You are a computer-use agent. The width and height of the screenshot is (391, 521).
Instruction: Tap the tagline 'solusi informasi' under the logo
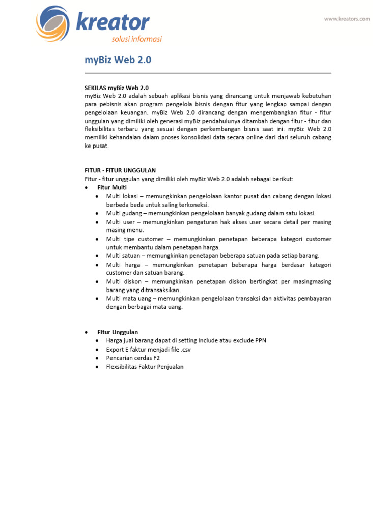[x=136, y=39]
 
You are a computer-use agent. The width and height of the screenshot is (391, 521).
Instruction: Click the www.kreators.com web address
[x=347, y=19]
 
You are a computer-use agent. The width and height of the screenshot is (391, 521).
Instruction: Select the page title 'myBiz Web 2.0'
[x=118, y=60]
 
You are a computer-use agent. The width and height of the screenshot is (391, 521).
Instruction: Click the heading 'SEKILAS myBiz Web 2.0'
[x=116, y=88]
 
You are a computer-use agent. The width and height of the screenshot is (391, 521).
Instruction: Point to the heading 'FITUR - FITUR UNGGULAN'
[x=120, y=170]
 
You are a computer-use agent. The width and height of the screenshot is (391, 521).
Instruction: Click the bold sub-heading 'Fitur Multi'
[x=113, y=187]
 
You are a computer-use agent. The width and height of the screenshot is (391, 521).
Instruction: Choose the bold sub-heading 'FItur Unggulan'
[x=118, y=332]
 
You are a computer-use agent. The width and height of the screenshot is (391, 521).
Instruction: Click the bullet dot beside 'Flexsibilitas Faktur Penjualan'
[x=97, y=367]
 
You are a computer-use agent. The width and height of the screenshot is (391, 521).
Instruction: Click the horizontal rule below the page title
[x=208, y=73]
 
